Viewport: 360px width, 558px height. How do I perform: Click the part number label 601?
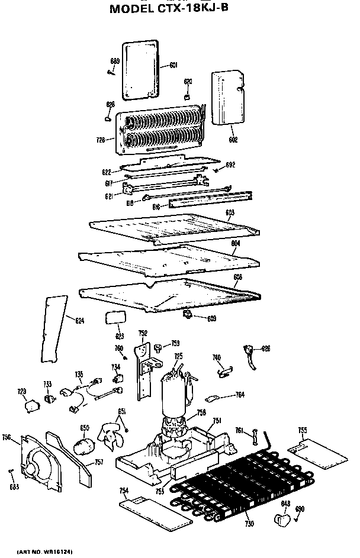click(x=173, y=65)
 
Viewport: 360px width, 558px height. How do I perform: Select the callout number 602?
click(x=233, y=140)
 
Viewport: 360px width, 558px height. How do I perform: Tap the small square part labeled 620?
click(x=188, y=96)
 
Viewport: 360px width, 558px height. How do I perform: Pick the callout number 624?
click(x=79, y=320)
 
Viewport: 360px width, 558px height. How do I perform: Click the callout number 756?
click(x=7, y=437)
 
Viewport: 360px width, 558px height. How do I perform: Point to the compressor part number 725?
click(x=178, y=356)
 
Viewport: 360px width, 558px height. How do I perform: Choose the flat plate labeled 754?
click(x=142, y=507)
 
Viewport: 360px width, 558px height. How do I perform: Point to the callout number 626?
click(x=266, y=349)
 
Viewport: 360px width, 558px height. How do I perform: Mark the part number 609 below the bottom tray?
click(x=211, y=319)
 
